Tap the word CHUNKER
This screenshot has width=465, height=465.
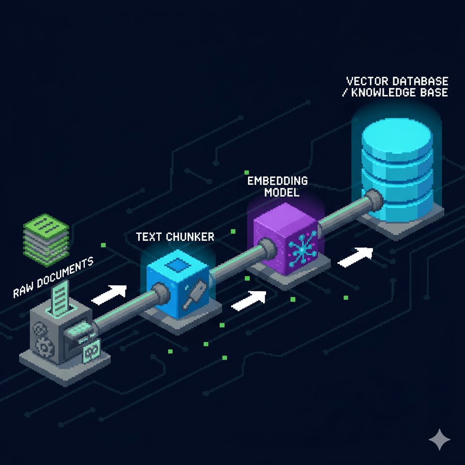(x=190, y=237)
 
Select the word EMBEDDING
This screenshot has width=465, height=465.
(x=277, y=181)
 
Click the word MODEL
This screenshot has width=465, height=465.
(x=282, y=192)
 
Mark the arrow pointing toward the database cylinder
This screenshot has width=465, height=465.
(x=356, y=257)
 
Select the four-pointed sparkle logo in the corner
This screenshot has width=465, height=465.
(x=439, y=439)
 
